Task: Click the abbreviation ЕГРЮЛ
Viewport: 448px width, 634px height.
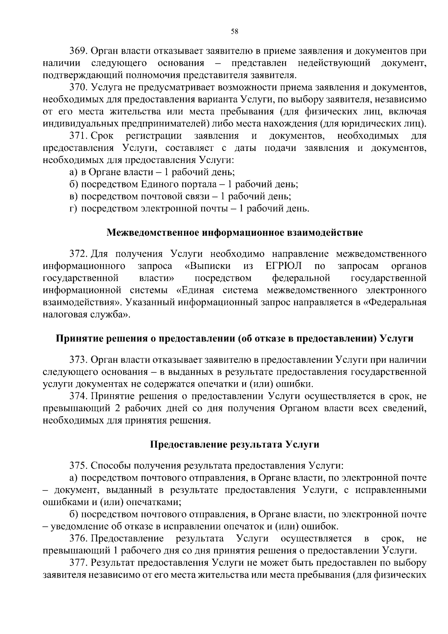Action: pyautogui.click(x=284, y=266)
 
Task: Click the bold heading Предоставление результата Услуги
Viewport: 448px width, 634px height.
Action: pyautogui.click(x=235, y=445)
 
